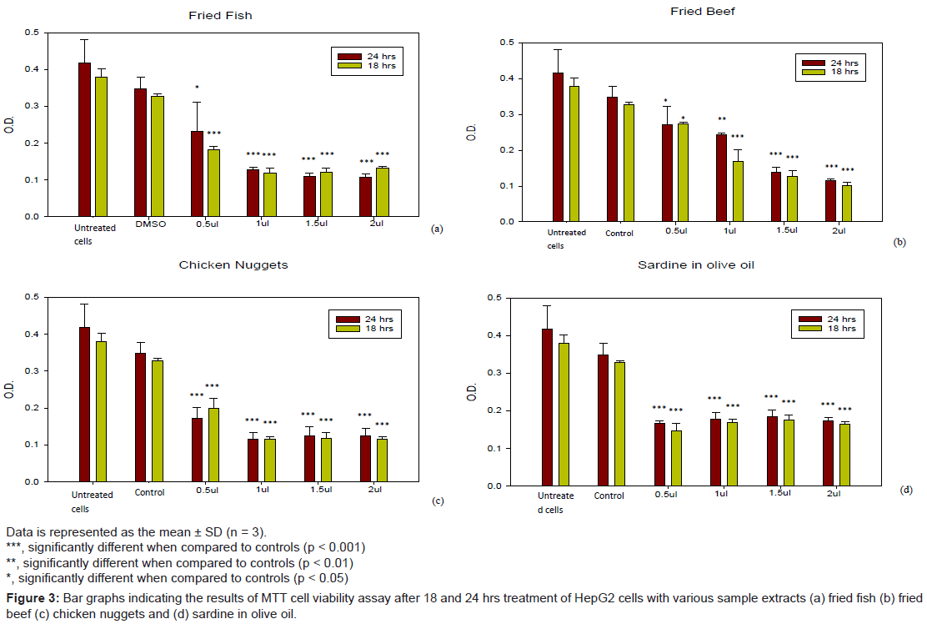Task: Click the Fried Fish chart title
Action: pyautogui.click(x=220, y=16)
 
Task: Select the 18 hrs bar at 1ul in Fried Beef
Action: pyautogui.click(x=738, y=191)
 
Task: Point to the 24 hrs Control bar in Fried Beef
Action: pyautogui.click(x=612, y=159)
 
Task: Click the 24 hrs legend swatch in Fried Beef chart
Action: pyautogui.click(x=812, y=63)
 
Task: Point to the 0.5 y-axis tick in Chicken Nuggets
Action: pyautogui.click(x=33, y=297)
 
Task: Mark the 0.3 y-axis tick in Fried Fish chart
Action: pyautogui.click(x=33, y=106)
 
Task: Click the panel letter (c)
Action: pyautogui.click(x=438, y=501)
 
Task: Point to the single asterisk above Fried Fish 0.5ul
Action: pyautogui.click(x=197, y=88)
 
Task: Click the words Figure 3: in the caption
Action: pyautogui.click(x=33, y=599)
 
